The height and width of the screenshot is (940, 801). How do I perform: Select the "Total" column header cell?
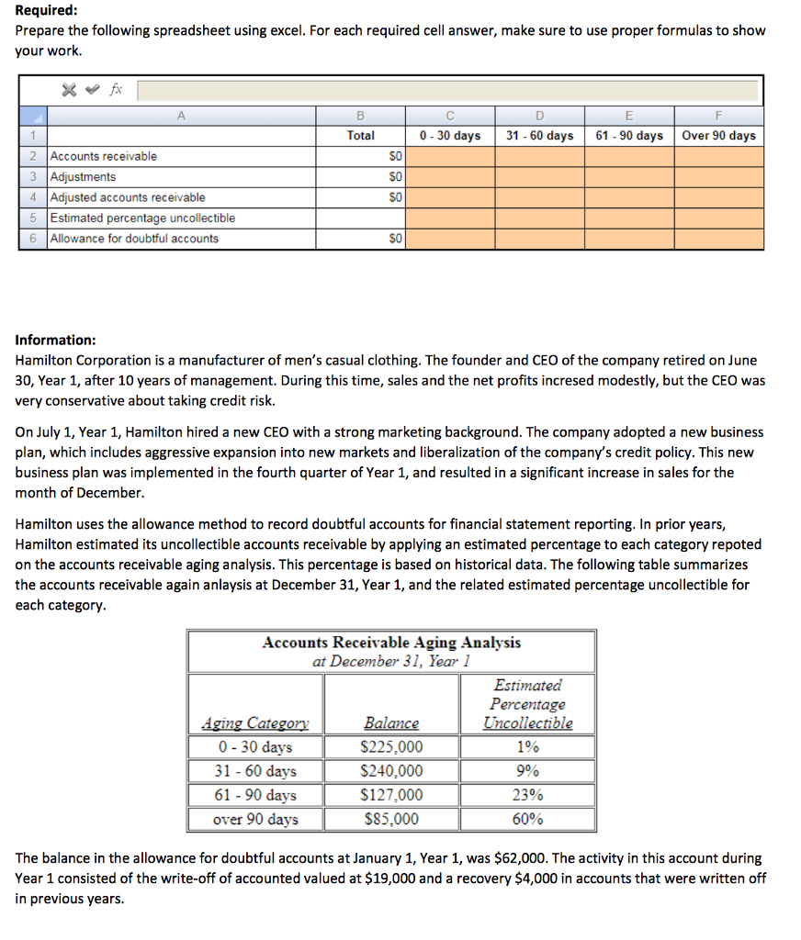tap(360, 136)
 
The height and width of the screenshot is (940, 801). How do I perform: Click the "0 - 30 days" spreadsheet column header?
tap(449, 136)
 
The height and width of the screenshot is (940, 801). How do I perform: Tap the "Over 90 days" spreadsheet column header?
tap(718, 136)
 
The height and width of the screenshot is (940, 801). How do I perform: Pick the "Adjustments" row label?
tap(83, 176)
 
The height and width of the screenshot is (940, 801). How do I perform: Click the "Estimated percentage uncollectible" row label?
tap(142, 218)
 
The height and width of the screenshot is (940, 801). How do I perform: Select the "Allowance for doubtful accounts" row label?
tap(134, 239)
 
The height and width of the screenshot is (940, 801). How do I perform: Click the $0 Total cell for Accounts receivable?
tap(392, 156)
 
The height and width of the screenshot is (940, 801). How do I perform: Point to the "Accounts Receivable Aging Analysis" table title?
tap(391, 643)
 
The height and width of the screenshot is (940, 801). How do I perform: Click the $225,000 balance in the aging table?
tap(392, 747)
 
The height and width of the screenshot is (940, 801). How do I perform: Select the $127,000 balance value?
tap(392, 795)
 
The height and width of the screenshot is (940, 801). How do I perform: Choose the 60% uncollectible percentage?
tap(527, 819)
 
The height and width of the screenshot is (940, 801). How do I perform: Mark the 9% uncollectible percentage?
tap(527, 771)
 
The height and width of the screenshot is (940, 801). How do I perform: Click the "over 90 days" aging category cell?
tap(255, 819)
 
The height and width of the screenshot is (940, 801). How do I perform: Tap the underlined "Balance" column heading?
tap(391, 723)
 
